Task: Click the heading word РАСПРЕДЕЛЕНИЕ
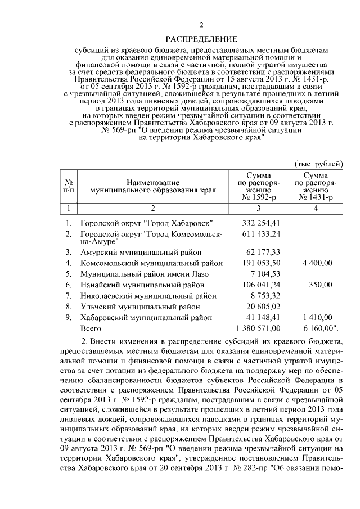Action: coord(201,38)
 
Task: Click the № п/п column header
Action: coord(69,187)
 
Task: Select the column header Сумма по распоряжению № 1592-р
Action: coord(258,187)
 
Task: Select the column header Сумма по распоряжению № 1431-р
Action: coord(316,187)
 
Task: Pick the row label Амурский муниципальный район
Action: coord(141,252)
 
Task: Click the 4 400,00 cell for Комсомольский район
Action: coord(317,263)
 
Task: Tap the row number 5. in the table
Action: coord(68,274)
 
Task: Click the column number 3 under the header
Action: coord(258,208)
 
